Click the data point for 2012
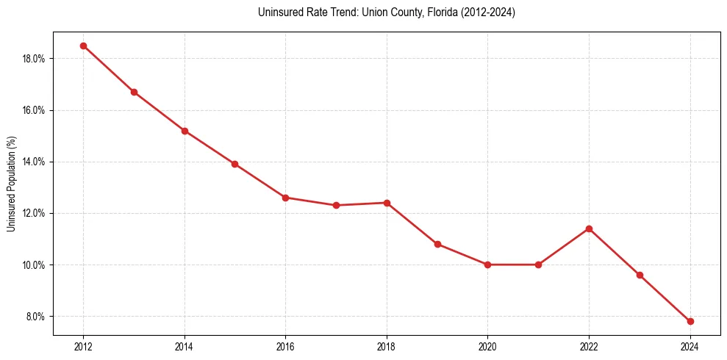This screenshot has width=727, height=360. [x=83, y=46]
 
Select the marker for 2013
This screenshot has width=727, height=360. [x=134, y=92]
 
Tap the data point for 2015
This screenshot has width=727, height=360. [x=234, y=164]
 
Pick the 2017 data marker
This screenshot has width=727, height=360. [x=336, y=205]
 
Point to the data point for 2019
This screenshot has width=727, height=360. [x=437, y=244]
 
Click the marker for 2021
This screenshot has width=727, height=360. [x=538, y=264]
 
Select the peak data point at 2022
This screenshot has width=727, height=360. [x=589, y=228]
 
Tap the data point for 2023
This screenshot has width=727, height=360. [x=640, y=275]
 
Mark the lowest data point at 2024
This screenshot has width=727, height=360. [x=690, y=321]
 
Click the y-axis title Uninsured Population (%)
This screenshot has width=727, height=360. [x=12, y=184]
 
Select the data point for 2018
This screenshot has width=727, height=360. [x=387, y=203]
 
